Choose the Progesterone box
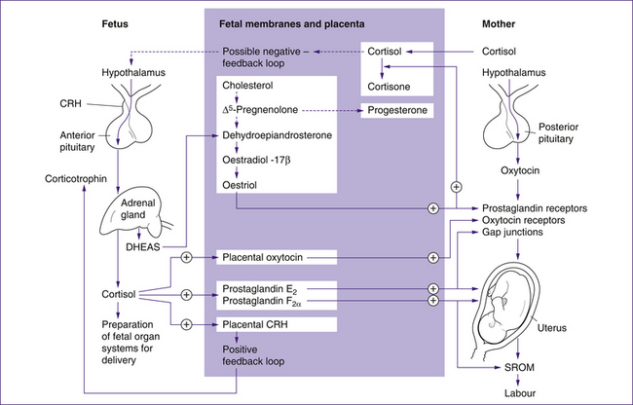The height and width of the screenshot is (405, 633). tap(397, 110)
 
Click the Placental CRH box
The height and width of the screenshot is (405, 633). tap(263, 324)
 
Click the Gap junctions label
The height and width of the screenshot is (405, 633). tap(515, 235)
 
